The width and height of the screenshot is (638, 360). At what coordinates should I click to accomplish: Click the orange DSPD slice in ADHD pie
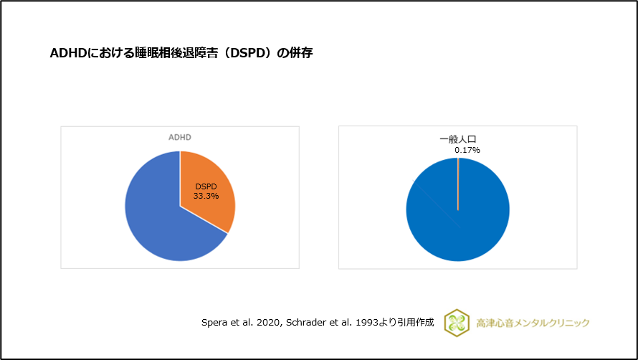point(211,179)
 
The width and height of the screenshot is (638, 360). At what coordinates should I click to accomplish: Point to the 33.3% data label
point(206,195)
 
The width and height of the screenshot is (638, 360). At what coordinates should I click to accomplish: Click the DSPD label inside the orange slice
point(206,186)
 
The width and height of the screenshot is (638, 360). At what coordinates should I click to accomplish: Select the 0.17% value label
point(467,150)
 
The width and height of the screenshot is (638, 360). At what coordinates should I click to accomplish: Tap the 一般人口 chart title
point(457,140)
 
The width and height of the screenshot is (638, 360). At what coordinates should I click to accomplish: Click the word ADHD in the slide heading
point(66,53)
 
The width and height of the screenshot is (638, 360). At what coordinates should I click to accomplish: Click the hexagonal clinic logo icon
point(457,323)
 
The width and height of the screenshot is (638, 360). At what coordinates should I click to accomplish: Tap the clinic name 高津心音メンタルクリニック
point(533,323)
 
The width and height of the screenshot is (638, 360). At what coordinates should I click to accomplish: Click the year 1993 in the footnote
point(365,323)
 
